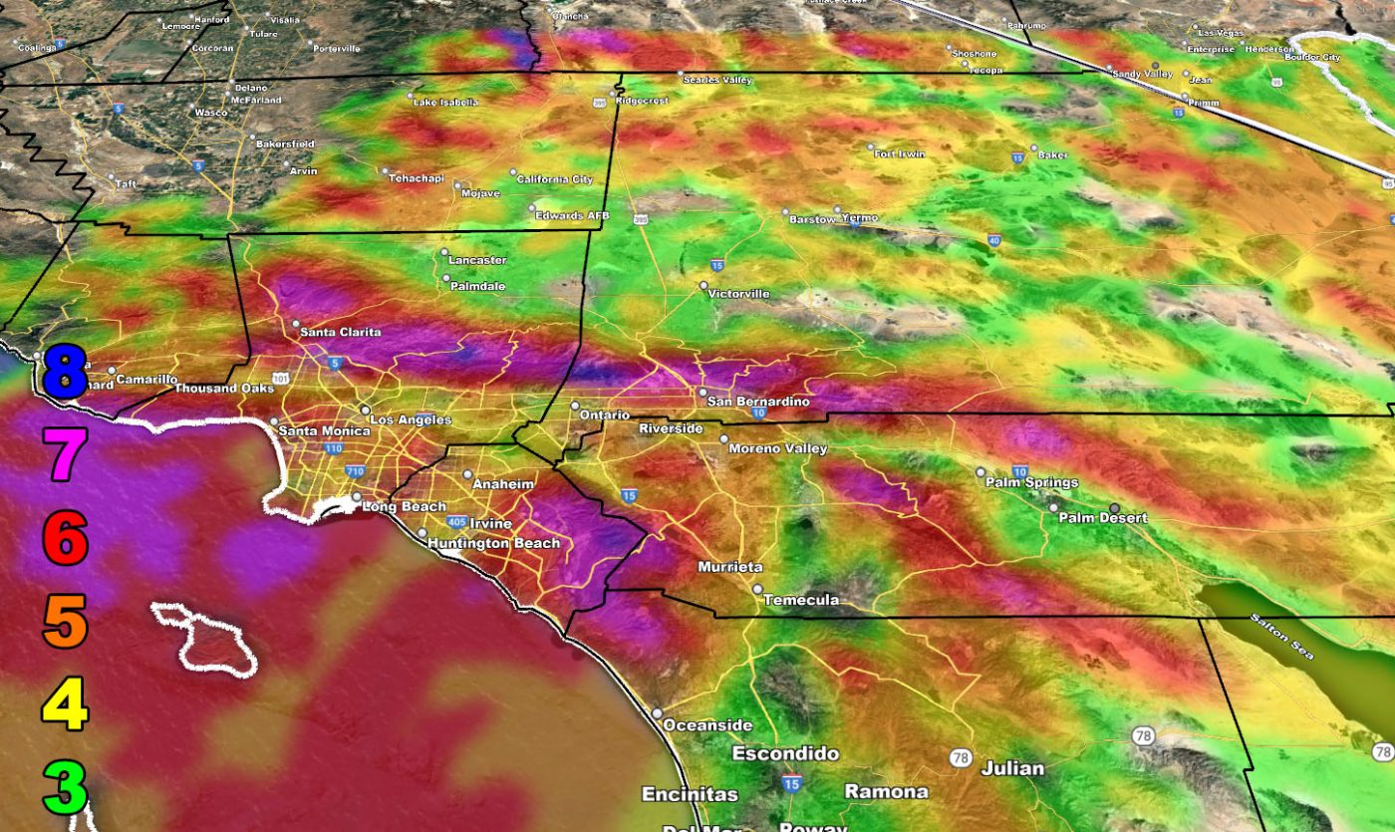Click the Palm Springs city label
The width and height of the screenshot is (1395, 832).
(1031, 482)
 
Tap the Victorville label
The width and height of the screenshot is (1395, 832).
(739, 294)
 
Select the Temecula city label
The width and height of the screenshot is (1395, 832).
(801, 600)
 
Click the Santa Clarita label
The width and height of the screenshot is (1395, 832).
(340, 332)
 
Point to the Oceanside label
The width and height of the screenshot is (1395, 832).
(703, 724)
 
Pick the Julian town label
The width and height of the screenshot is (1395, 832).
(1012, 768)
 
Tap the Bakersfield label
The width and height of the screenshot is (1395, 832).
(285, 144)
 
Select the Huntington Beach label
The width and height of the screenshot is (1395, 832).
(493, 543)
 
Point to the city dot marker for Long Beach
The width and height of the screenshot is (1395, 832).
(357, 496)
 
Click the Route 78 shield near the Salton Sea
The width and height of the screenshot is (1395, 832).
(1143, 736)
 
